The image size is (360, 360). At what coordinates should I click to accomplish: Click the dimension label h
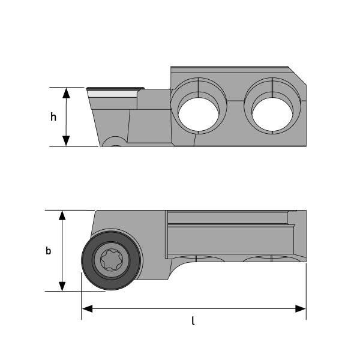53,117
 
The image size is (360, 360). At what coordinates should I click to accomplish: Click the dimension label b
49,251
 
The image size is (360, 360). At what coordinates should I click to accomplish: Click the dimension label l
193,321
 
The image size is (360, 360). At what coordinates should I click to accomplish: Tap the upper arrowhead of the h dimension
67,92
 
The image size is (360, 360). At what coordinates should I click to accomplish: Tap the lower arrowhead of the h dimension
67,140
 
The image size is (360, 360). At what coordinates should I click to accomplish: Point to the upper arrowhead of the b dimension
62,216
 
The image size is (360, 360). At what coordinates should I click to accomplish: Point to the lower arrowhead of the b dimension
62,286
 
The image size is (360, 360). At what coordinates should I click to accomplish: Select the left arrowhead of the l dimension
88,308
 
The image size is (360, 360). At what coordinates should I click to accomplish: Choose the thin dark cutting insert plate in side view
115,88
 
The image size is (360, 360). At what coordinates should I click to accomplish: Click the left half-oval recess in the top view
199,259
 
